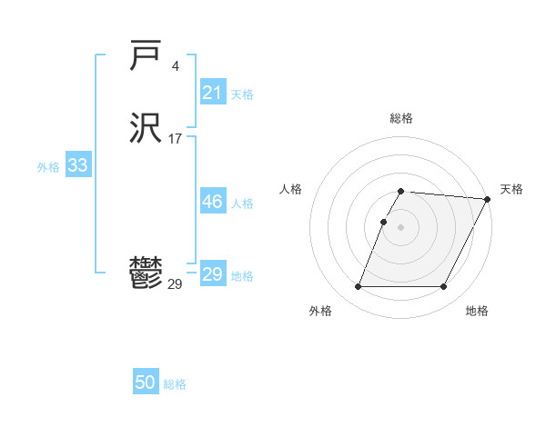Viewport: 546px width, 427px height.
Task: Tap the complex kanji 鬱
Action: (147, 273)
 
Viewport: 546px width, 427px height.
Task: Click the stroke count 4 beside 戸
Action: (176, 66)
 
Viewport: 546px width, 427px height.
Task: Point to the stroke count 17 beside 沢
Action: (175, 139)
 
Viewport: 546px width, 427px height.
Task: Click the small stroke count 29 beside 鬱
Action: (175, 284)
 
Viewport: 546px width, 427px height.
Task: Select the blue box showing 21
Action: (213, 92)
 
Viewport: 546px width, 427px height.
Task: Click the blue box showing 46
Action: (213, 202)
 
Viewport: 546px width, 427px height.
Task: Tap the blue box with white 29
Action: (213, 274)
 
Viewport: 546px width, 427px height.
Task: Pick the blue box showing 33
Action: (78, 165)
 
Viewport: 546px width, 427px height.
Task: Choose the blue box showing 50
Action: (146, 382)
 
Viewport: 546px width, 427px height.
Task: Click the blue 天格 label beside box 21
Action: (242, 94)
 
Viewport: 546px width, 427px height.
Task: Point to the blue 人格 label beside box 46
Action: (242, 204)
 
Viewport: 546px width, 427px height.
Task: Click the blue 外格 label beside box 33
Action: (48, 167)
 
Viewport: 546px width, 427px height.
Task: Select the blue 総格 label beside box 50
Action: (175, 384)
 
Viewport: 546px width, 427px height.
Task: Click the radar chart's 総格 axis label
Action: (401, 118)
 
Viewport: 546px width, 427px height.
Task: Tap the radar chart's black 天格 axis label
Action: (511, 189)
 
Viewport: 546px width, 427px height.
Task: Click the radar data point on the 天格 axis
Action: (488, 199)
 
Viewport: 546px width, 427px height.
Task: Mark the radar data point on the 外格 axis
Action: (358, 287)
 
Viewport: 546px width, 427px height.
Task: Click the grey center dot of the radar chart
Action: (401, 227)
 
